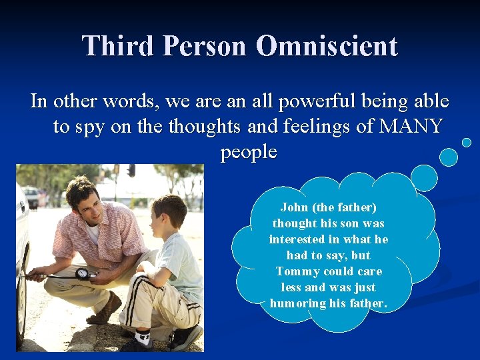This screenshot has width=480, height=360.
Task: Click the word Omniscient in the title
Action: pyautogui.click(x=327, y=47)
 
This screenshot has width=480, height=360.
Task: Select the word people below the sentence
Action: pyautogui.click(x=249, y=151)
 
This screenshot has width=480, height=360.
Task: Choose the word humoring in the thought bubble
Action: pyautogui.click(x=295, y=303)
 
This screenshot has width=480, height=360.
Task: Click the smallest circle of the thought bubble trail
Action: pyautogui.click(x=467, y=142)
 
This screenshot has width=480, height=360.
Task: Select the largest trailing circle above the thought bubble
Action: pyautogui.click(x=423, y=178)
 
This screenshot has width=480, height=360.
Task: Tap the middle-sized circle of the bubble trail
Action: pyautogui.click(x=449, y=157)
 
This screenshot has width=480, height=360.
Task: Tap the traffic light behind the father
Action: pyautogui.click(x=131, y=170)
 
